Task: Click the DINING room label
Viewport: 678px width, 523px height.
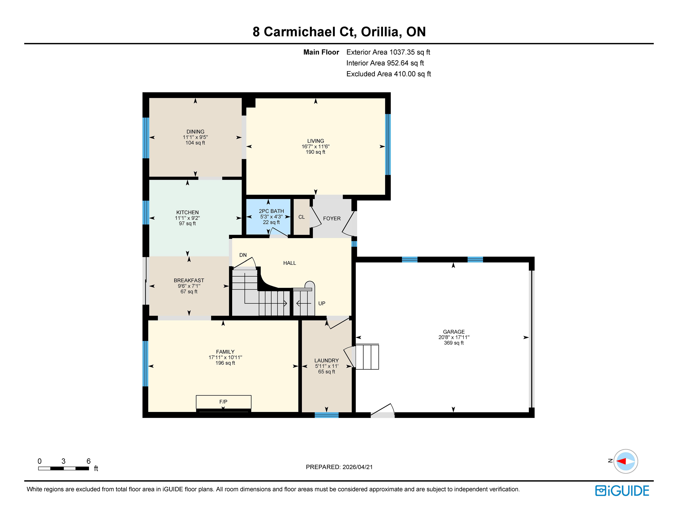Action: coord(195,132)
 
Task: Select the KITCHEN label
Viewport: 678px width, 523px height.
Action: coord(188,212)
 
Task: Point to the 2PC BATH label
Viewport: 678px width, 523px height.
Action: coord(271,211)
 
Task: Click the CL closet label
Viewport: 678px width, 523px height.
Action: coord(301,217)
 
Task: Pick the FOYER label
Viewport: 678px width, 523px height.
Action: coord(332,219)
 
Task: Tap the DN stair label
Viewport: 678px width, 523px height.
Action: coord(243,255)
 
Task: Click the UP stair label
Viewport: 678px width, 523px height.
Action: coord(322,304)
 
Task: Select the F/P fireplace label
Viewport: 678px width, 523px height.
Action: coord(223,402)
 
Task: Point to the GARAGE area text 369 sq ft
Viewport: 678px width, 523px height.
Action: coord(454,343)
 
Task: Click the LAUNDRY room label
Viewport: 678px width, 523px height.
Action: coord(327,360)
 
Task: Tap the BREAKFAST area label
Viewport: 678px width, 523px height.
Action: coord(189,281)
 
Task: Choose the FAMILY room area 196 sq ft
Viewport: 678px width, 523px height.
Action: coord(225,363)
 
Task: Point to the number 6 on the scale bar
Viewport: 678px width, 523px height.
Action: coord(88,461)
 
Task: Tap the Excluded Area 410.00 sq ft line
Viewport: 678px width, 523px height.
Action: coord(389,74)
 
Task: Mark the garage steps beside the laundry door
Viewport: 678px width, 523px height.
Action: coord(367,357)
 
